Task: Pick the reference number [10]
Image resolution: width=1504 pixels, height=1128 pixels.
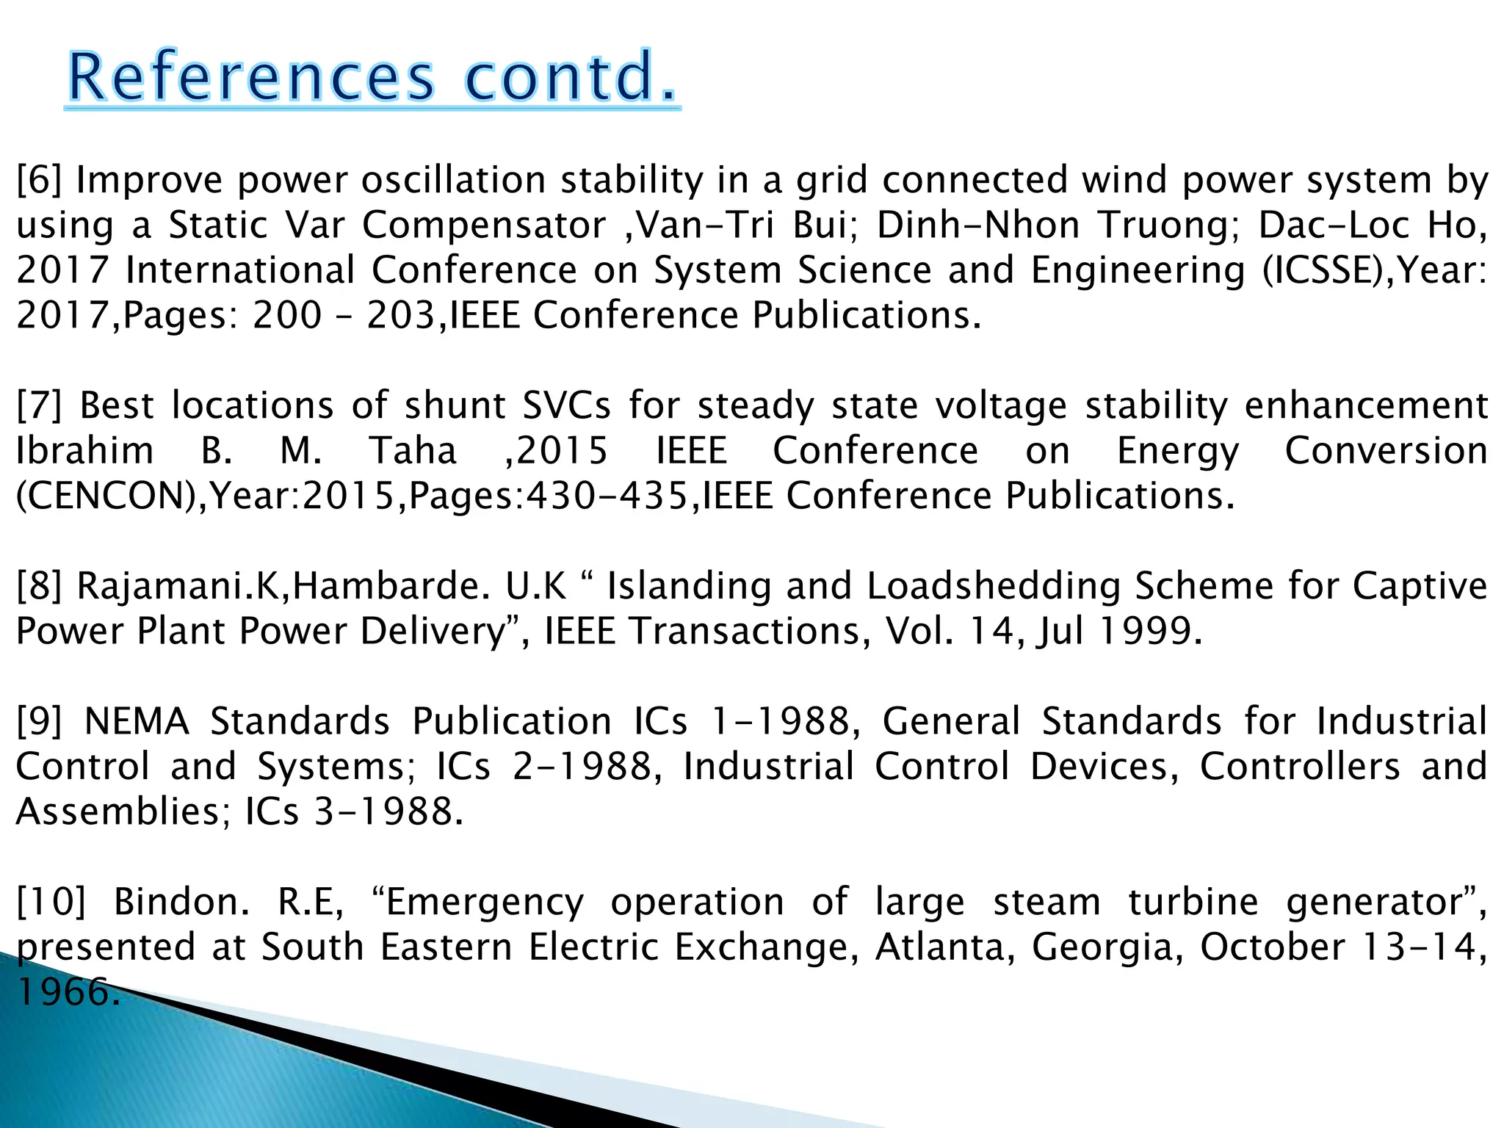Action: [51, 902]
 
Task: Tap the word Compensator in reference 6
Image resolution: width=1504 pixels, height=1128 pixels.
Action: [485, 225]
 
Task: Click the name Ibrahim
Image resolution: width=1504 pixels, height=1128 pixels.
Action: [84, 450]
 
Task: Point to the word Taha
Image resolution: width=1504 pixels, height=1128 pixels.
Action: [413, 450]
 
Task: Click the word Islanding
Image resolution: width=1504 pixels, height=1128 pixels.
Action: [689, 586]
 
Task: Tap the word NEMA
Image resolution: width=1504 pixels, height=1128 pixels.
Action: [137, 721]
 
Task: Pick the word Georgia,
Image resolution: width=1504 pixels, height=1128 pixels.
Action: [1107, 948]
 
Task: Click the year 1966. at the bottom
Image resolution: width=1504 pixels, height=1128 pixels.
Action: [68, 992]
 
